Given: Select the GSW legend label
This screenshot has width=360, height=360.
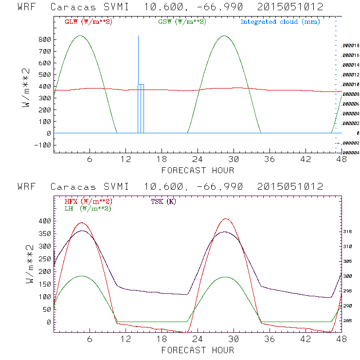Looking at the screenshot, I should [182, 22].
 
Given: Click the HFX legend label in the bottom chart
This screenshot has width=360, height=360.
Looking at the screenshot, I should [89, 201].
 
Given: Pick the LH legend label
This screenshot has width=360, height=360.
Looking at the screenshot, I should [88, 208].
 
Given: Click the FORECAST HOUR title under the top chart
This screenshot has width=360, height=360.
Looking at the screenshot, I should [198, 170].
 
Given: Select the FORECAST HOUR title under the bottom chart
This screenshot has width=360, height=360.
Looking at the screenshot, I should [198, 350].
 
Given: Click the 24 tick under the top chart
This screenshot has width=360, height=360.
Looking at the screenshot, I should [198, 159].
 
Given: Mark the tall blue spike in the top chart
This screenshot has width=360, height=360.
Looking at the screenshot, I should [138, 58].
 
